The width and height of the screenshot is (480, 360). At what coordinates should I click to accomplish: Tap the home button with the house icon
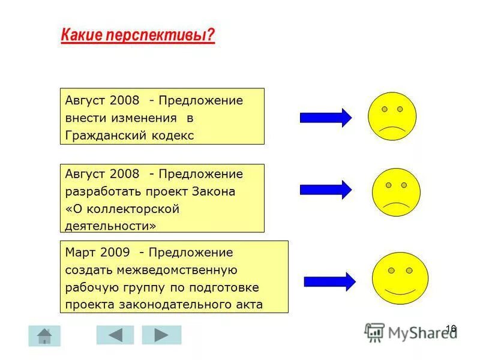[44, 335]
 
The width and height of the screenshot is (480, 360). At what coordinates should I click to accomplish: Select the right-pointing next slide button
[161, 335]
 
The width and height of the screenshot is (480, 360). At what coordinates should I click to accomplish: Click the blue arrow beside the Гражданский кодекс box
[326, 118]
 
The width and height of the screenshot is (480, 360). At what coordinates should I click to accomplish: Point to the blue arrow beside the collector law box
[326, 190]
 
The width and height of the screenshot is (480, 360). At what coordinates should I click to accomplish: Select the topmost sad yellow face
[392, 116]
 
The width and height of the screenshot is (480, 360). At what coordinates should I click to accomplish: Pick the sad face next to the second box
[396, 192]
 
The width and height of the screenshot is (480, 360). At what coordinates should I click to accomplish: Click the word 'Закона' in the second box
[214, 192]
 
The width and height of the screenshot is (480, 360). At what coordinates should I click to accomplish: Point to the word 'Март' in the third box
[79, 253]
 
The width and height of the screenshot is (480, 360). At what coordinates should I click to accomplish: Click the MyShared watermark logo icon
[375, 332]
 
